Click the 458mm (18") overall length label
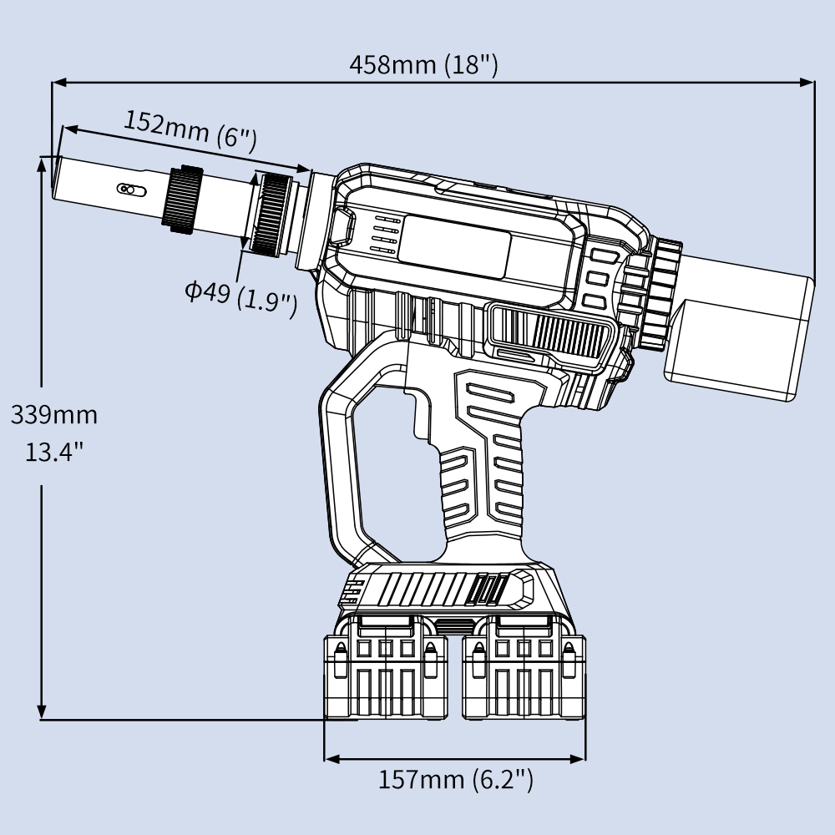(423, 63)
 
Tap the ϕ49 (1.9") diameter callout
(241, 295)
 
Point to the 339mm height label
(53, 414)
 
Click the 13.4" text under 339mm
(53, 453)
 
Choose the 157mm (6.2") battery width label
(455, 780)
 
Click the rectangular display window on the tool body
(455, 249)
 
